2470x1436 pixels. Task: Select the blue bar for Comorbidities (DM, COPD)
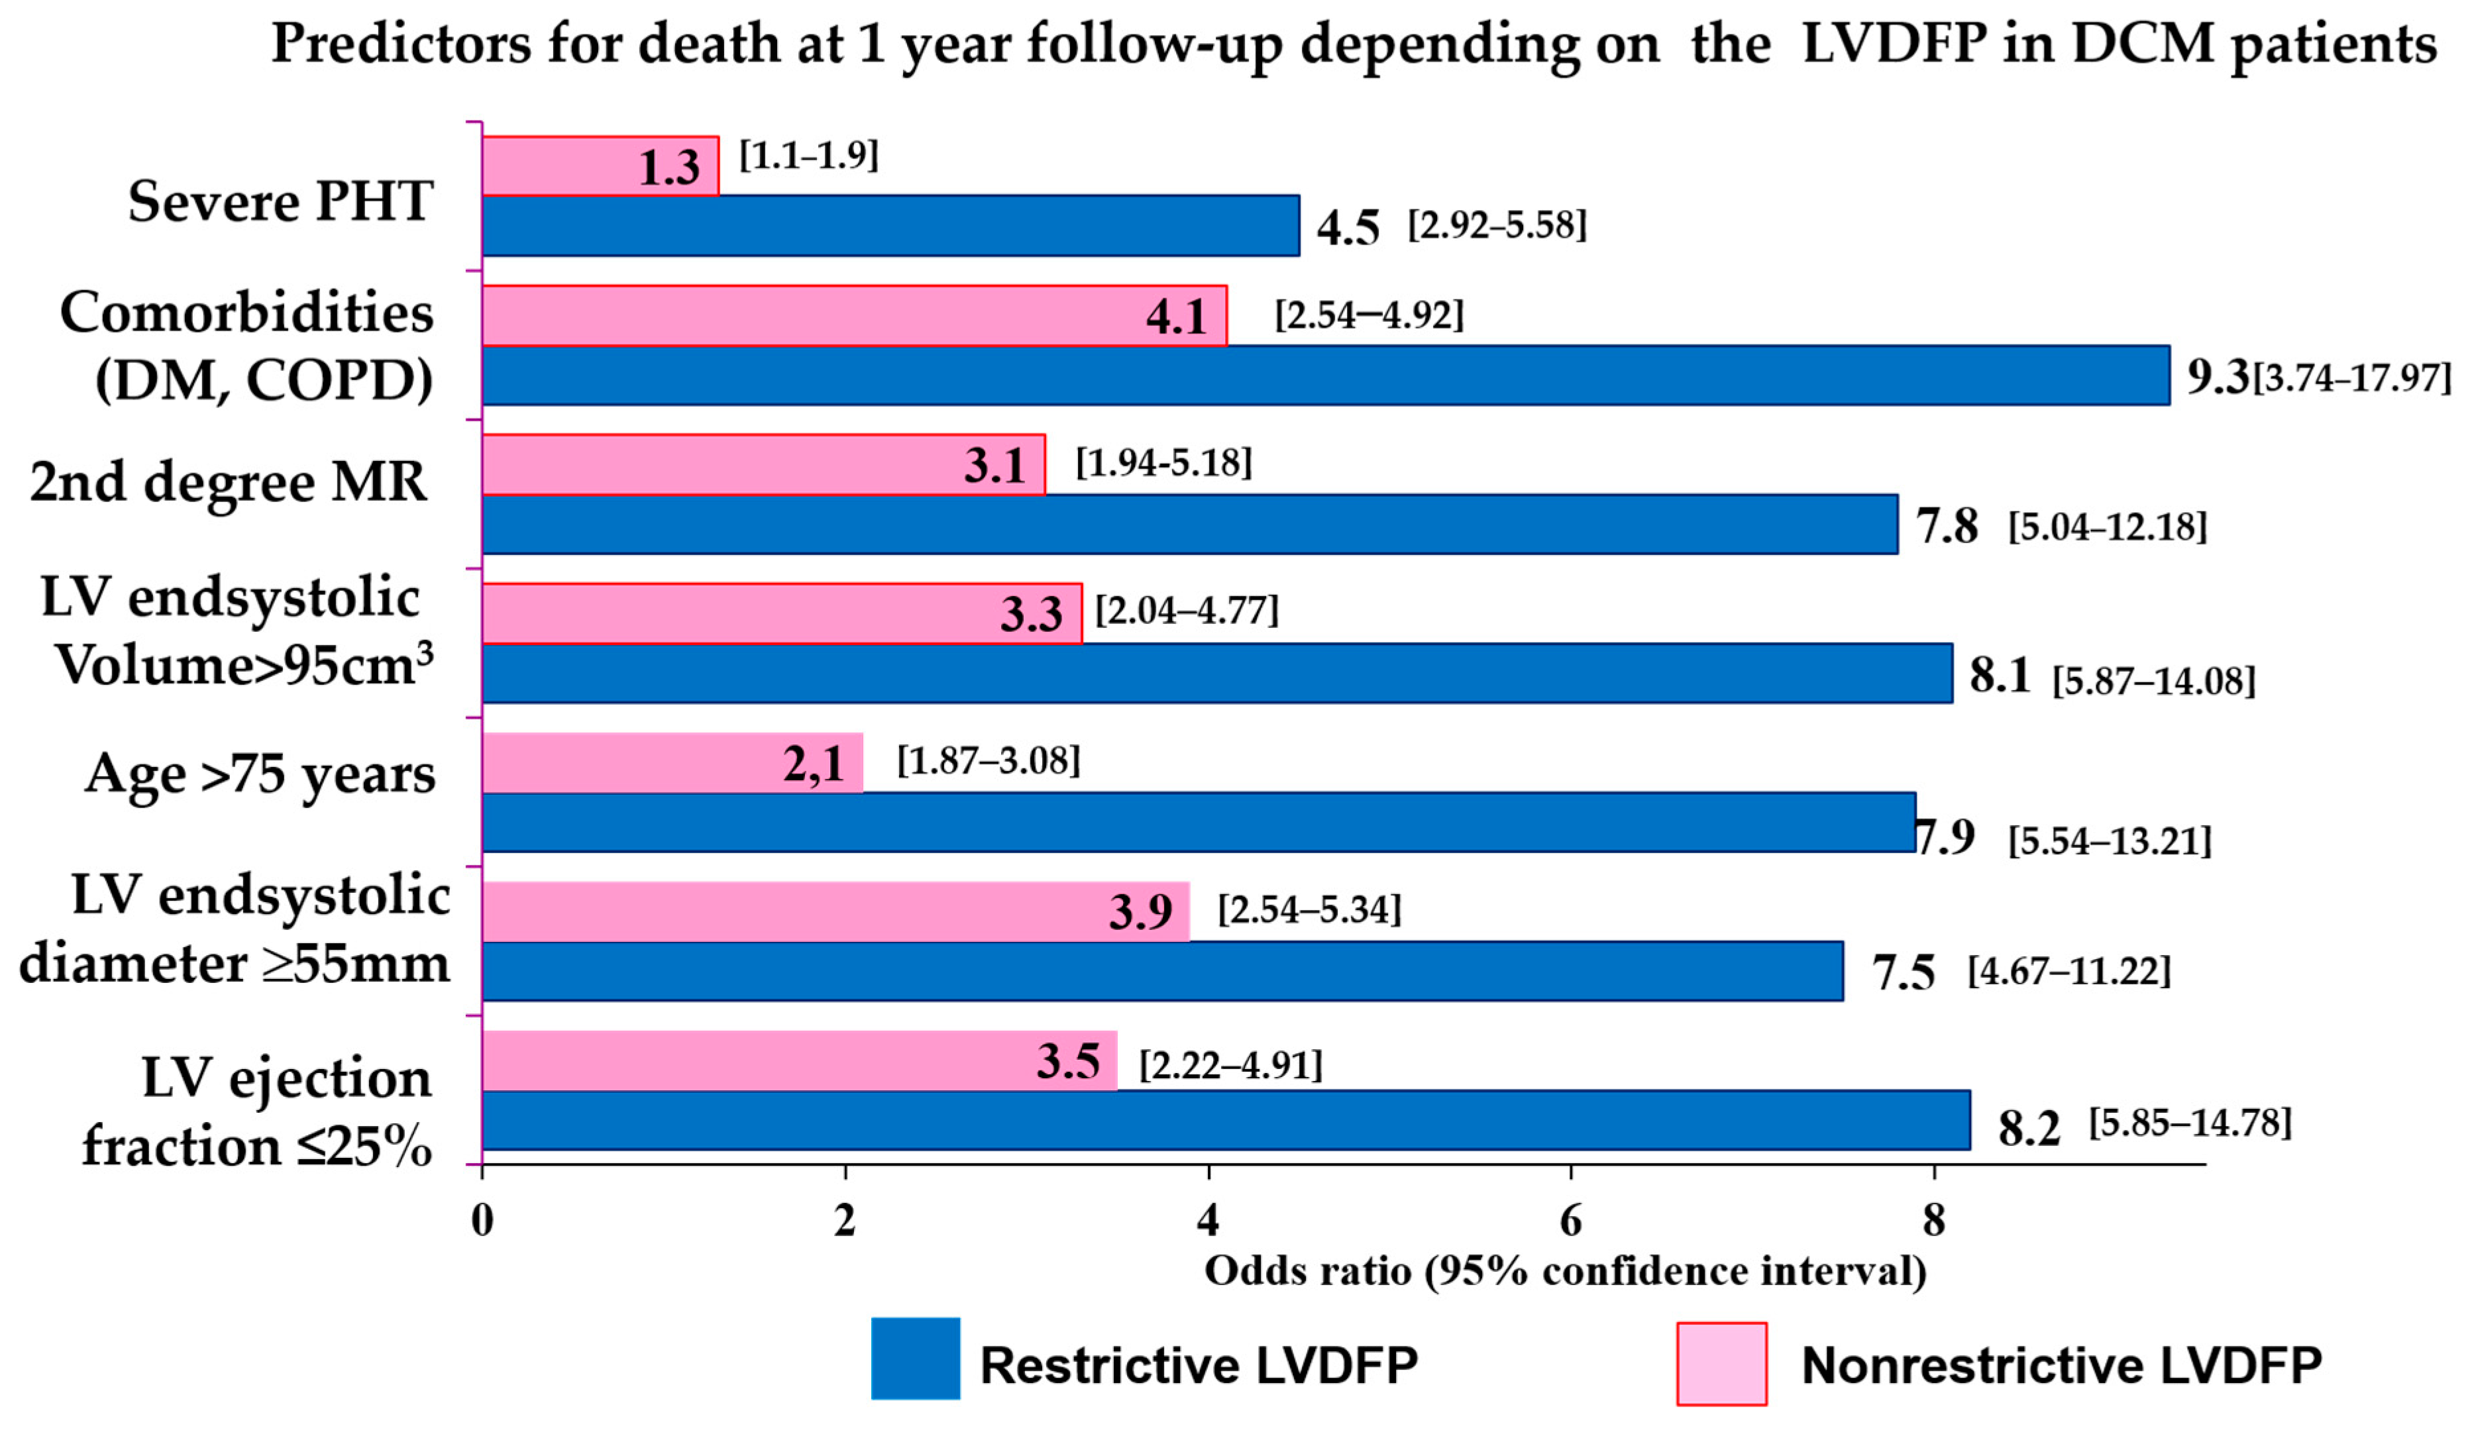(x=1323, y=376)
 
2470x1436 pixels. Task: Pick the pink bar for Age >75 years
(x=627, y=762)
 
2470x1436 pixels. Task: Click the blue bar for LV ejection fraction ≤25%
(x=1225, y=1120)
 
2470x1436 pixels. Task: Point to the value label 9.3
(x=2216, y=376)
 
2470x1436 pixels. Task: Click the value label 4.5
(x=1347, y=227)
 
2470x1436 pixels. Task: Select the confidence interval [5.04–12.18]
(x=2108, y=527)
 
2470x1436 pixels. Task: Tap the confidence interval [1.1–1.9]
(x=808, y=155)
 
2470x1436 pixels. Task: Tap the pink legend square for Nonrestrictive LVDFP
(x=1721, y=1363)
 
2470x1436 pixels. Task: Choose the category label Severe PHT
(x=280, y=202)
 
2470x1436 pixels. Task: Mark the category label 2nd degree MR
(x=229, y=482)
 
